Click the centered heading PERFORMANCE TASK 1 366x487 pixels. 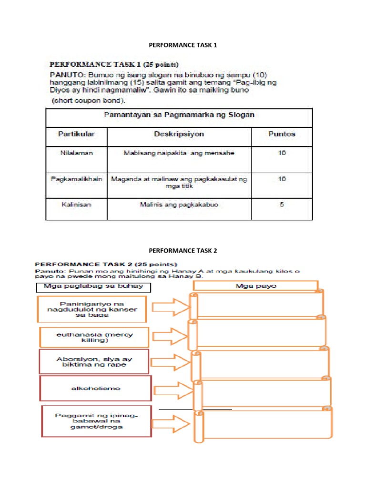(183, 45)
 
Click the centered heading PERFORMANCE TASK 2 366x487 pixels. (183, 251)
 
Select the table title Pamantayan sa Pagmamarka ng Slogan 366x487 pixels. (179, 115)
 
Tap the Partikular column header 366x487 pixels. (76, 134)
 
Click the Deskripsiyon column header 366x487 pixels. (179, 134)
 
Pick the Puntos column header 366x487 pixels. (282, 134)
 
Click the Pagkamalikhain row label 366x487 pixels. (76, 179)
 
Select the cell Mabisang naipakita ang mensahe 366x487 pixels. (179, 153)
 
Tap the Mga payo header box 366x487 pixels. (255, 286)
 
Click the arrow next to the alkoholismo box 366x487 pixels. (172, 390)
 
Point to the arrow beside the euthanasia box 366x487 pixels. (172, 337)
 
